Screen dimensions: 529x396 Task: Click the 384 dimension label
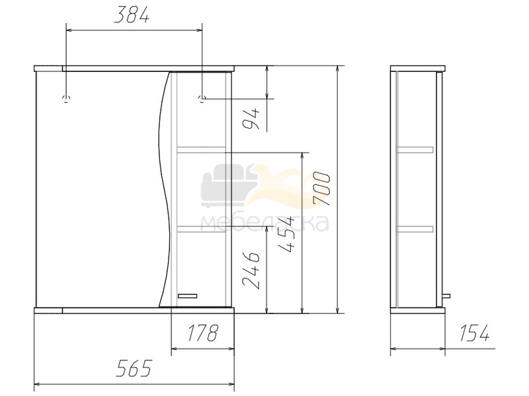coord(132,15)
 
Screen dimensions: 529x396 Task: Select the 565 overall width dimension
coord(134,368)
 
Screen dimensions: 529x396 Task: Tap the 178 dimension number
coord(203,333)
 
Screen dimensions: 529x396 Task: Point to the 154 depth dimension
coord(474,333)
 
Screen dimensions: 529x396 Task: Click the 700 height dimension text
coord(321,189)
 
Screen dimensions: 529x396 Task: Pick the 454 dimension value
coord(286,235)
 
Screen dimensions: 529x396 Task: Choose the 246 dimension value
coord(251,270)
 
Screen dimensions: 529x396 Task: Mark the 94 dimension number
coord(251,119)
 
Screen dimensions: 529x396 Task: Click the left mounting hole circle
coord(67,98)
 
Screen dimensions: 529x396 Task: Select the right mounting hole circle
coord(202,98)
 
